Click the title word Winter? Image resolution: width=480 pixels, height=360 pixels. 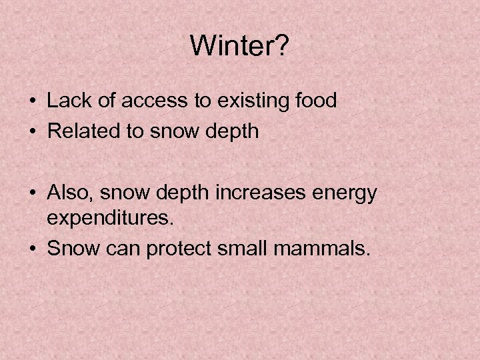tap(239, 46)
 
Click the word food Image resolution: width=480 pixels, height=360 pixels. tap(315, 101)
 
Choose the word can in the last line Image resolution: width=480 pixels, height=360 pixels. tap(121, 250)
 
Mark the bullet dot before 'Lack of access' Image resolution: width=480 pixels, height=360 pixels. tap(33, 101)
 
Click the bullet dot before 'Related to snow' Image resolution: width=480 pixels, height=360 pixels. tap(33, 132)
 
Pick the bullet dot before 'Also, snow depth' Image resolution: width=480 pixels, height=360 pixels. tap(33, 193)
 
